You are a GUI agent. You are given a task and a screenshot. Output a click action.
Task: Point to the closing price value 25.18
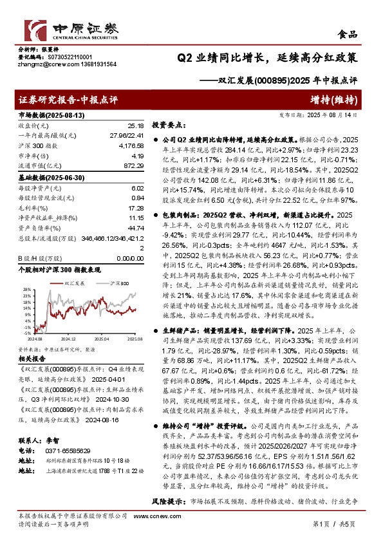(135, 126)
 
